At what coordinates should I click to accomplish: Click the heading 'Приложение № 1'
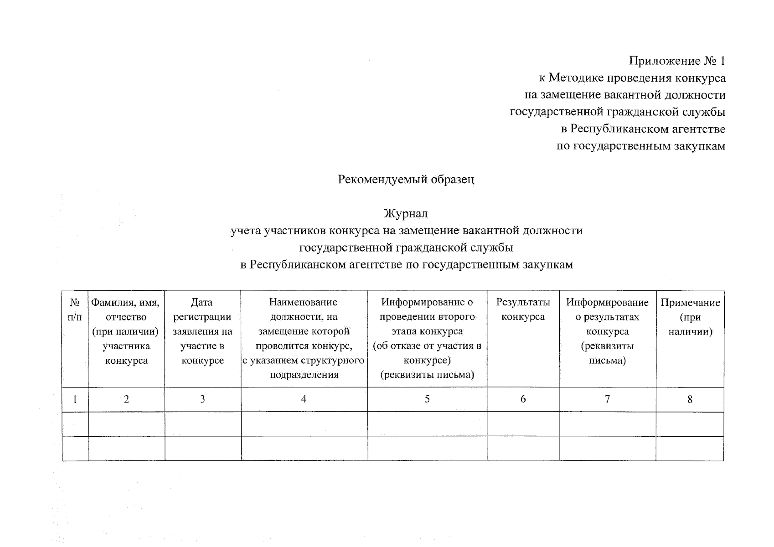[x=677, y=61]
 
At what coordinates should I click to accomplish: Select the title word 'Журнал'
[x=406, y=213]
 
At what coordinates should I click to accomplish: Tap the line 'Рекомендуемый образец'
[x=406, y=179]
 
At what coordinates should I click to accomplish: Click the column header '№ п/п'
[x=75, y=310]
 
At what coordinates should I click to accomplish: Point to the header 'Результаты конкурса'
[x=523, y=310]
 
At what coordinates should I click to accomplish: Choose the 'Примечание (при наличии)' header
[x=690, y=317]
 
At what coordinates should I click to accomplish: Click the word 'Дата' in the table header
[x=202, y=302]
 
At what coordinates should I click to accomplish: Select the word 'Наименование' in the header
[x=303, y=302]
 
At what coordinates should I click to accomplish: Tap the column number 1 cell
[x=75, y=399]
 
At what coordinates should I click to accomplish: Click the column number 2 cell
[x=126, y=399]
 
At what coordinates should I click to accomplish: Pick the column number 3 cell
[x=202, y=399]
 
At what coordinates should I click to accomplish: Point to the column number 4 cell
[x=304, y=399]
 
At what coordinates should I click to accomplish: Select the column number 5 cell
[x=427, y=399]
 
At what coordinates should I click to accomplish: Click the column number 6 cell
[x=523, y=399]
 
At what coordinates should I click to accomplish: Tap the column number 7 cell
[x=607, y=399]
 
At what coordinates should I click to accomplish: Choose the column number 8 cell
[x=690, y=399]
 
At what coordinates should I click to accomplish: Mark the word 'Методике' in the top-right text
[x=575, y=78]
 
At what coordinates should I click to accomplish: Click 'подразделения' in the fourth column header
[x=304, y=375]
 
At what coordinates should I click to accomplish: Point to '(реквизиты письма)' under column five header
[x=427, y=375]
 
